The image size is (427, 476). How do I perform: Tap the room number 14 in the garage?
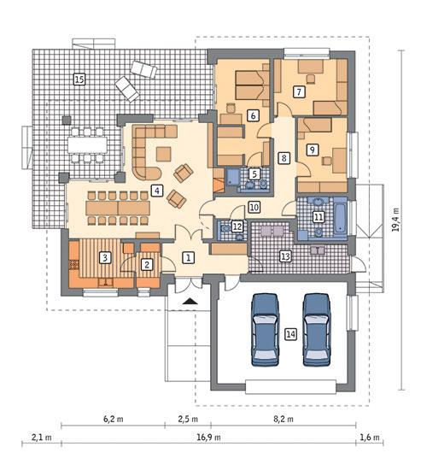[290, 336]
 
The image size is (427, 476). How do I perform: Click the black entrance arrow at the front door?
[189, 302]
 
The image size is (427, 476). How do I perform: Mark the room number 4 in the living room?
[155, 190]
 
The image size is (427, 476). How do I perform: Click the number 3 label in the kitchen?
[104, 256]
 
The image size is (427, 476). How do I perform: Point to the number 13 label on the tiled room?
[285, 256]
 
